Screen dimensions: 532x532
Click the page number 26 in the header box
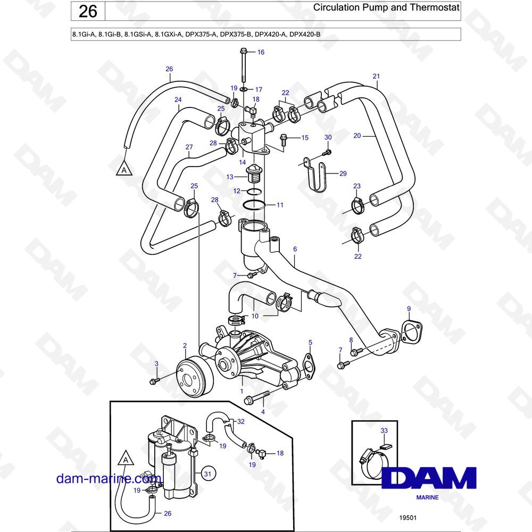(x=88, y=12)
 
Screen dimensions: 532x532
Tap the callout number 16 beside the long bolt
(x=261, y=52)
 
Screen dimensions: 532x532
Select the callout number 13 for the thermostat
(x=230, y=177)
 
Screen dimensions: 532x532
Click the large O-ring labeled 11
(x=254, y=205)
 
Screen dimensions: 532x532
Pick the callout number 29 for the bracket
(x=343, y=174)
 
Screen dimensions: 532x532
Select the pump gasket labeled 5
(x=307, y=365)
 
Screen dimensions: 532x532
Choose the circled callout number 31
(x=207, y=473)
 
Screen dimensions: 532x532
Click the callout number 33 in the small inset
(x=384, y=430)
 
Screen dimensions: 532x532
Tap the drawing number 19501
(x=408, y=518)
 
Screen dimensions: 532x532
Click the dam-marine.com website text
(x=108, y=478)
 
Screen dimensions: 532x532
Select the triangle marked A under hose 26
(x=124, y=169)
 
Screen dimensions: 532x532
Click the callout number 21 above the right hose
(x=376, y=76)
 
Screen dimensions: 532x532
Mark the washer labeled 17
(x=244, y=89)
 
